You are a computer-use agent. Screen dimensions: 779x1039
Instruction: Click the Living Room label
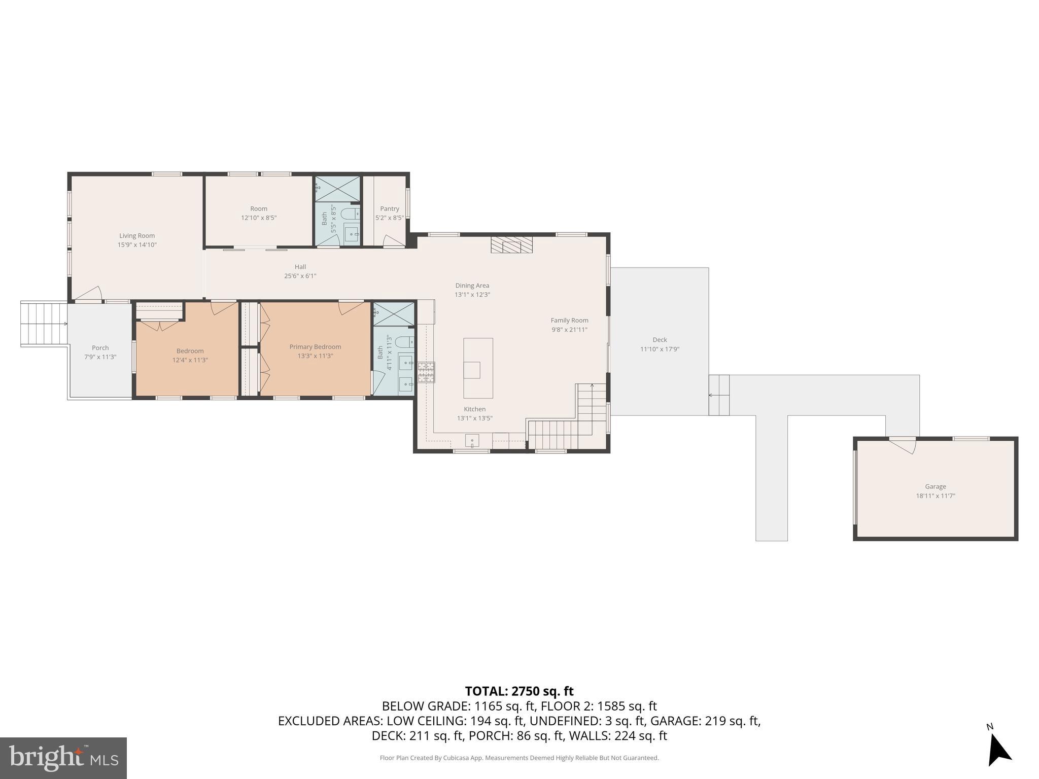137,236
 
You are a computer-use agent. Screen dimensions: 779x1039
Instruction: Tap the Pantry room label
390,209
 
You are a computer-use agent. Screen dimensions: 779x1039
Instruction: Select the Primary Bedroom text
315,347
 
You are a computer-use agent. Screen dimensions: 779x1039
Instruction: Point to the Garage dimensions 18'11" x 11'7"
935,496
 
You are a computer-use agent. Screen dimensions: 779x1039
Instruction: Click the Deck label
660,340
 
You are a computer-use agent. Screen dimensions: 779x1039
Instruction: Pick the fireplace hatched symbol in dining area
511,244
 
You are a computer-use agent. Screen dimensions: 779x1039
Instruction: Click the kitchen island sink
472,370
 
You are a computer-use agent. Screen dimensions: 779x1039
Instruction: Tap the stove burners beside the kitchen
426,372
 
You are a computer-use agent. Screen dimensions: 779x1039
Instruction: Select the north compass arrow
998,751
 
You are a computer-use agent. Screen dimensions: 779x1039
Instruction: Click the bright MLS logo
63,758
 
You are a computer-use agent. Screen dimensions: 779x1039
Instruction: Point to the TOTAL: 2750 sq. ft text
519,691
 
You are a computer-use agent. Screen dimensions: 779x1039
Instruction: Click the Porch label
100,348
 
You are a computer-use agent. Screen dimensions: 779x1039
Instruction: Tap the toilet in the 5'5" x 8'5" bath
351,214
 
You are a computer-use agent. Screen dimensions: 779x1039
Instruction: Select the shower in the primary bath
394,313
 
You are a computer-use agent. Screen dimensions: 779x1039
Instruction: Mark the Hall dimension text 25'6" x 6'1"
300,276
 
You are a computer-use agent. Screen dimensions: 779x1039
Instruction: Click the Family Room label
569,321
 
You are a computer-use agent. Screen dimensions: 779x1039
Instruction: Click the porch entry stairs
44,324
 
